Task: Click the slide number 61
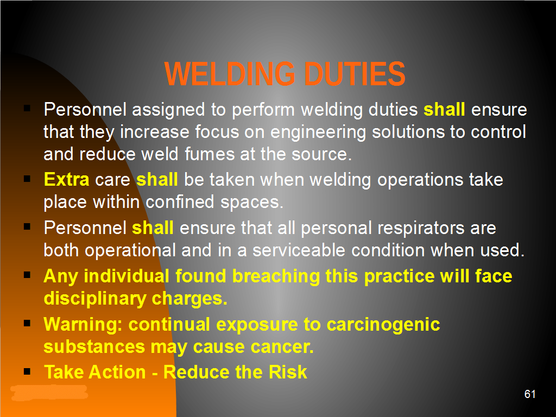coord(530,394)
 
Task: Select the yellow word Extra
coord(66,179)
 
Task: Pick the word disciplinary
coord(94,299)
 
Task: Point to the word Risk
coord(288,372)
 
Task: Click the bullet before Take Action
coord(27,371)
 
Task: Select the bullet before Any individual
coord(27,275)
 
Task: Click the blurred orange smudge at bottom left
coord(49,393)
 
